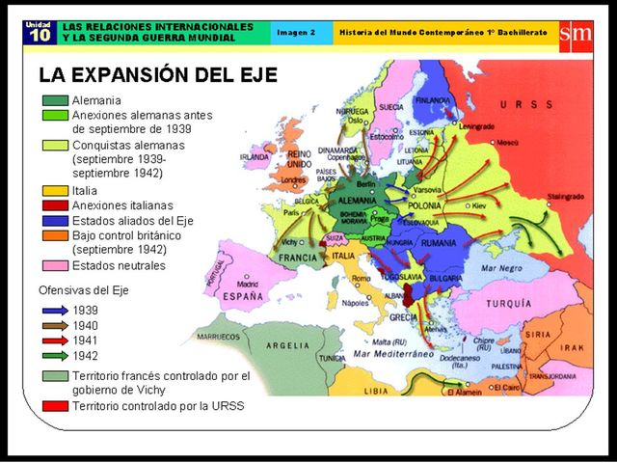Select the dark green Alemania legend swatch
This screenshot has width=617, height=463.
(x=55, y=100)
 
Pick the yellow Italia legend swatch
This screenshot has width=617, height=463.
(x=55, y=191)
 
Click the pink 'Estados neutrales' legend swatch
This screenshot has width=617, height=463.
(x=55, y=265)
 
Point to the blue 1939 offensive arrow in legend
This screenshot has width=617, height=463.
(x=55, y=311)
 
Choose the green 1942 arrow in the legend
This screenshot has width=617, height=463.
(x=55, y=355)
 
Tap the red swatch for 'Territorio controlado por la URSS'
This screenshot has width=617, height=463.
(x=55, y=407)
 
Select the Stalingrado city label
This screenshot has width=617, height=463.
(x=565, y=196)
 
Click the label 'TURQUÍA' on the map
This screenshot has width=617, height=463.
(x=509, y=302)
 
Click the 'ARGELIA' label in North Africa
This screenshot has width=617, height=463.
(x=290, y=345)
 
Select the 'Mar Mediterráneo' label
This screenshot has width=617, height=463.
(x=394, y=355)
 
